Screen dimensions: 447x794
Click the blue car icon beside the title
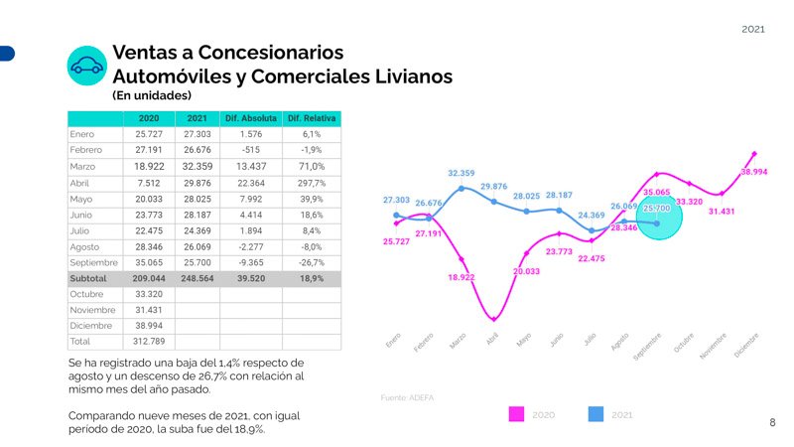point(86,66)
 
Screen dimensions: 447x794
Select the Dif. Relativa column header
point(312,119)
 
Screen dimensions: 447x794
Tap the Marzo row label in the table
point(83,167)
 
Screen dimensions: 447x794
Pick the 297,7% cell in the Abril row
point(312,183)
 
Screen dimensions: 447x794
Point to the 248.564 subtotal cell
point(198,279)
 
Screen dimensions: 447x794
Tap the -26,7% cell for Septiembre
point(312,263)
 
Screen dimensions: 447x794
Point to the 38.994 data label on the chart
point(753,172)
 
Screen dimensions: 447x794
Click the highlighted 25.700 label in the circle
point(657,209)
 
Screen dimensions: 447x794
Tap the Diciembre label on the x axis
point(747,347)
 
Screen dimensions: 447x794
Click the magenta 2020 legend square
point(516,414)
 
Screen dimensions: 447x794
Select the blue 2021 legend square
point(596,414)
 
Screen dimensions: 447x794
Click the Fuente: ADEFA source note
point(407,397)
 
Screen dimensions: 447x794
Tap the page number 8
point(772,422)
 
